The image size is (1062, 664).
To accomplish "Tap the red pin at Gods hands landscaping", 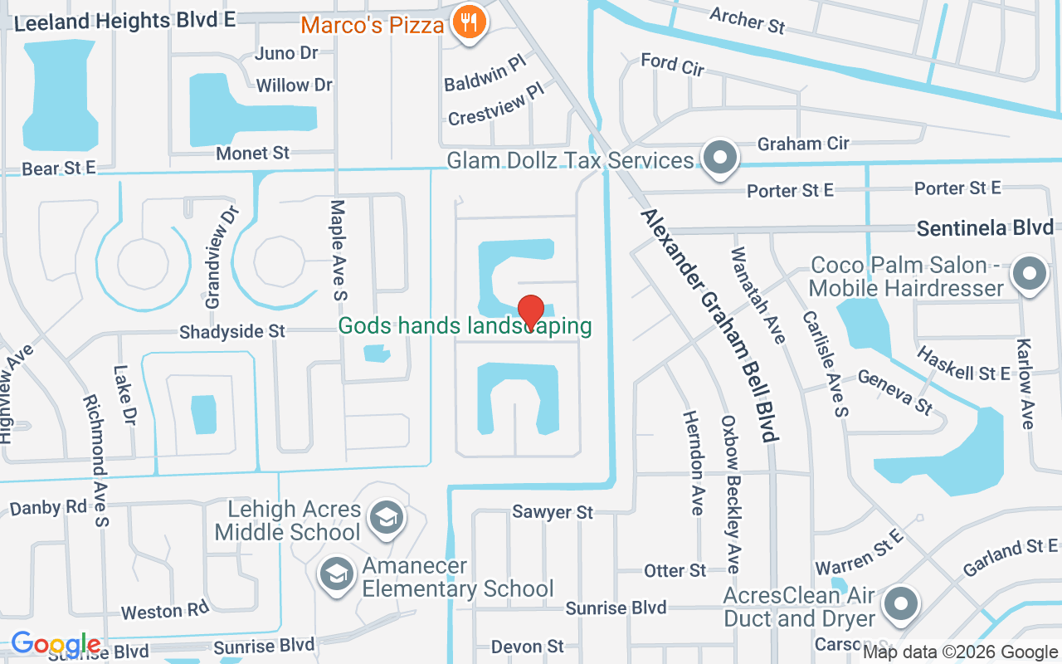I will (531, 313).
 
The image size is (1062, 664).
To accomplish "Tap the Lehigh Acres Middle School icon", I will (386, 519).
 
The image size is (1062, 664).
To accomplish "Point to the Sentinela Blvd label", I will (985, 227).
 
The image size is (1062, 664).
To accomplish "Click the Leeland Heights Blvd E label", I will (125, 22).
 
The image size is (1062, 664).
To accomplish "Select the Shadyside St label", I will (232, 331).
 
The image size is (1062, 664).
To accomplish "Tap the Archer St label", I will (747, 21).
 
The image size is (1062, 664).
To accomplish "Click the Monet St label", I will (252, 153).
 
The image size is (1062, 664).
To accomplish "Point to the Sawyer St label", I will (553, 512).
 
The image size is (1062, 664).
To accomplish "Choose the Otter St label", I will (675, 570).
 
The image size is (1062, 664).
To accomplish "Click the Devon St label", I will (527, 646).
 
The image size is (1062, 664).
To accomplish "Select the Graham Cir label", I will (803, 144).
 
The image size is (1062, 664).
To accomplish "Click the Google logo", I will (56, 644).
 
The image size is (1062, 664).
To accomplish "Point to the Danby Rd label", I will (48, 507).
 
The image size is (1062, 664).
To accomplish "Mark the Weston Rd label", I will (164, 611).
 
